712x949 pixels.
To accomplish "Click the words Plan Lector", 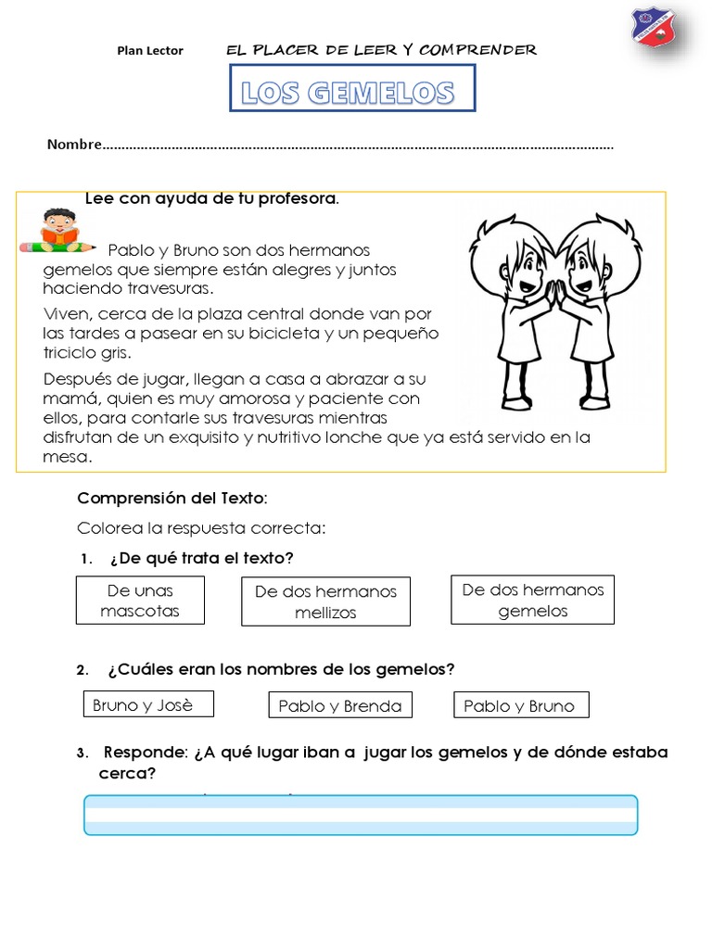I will (150, 51).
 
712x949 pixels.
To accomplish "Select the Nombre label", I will (73, 145).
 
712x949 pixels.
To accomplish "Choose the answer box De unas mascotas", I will (140, 601).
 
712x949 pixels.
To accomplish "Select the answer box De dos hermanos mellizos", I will (325, 601).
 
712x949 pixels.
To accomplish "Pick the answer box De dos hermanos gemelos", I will (532, 601).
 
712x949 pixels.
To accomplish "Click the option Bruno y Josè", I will (148, 704).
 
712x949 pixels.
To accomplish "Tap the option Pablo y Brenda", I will (339, 706).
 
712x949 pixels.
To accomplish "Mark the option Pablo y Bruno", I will (520, 706).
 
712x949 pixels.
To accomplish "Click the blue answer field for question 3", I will (361, 816).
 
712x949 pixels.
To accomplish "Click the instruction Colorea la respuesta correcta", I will (201, 529).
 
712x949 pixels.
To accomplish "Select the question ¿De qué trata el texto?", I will (200, 558).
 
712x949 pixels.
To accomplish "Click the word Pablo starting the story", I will (129, 250).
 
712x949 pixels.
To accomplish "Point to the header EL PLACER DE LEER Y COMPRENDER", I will (381, 50).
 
